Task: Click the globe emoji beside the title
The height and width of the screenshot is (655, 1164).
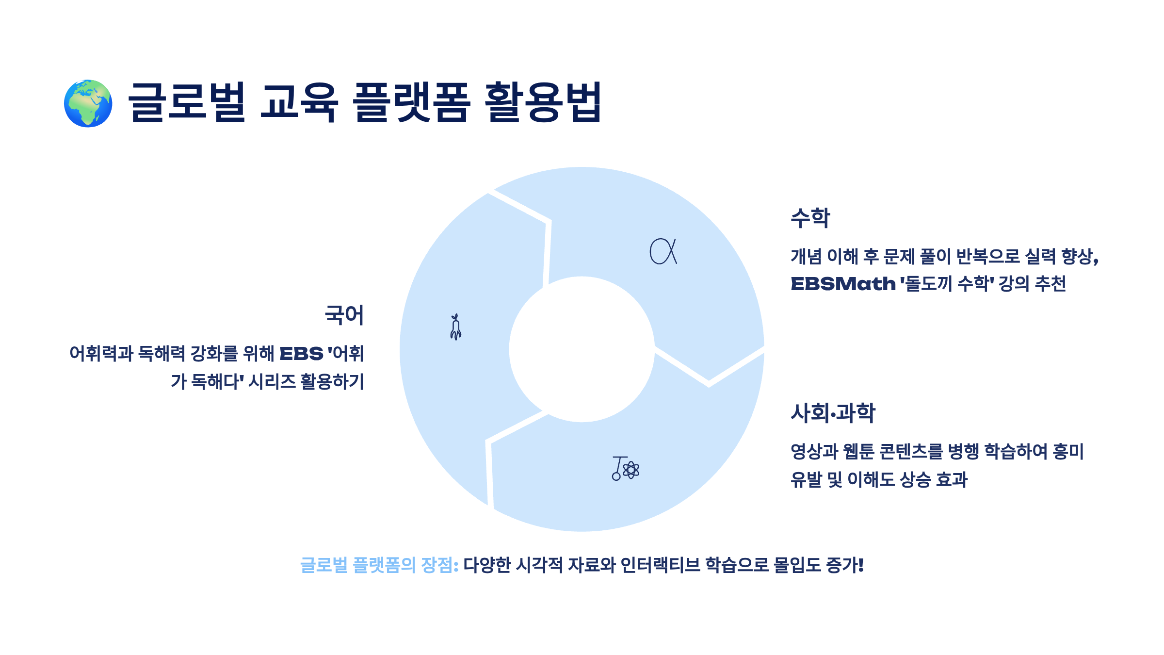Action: (x=88, y=103)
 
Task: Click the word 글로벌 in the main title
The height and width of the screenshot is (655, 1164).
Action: (x=187, y=102)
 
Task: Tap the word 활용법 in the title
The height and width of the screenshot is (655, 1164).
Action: (x=543, y=102)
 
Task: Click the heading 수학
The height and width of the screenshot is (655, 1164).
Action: (x=810, y=218)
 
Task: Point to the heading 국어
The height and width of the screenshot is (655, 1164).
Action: (x=344, y=315)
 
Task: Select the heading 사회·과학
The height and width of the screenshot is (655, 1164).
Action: (x=833, y=413)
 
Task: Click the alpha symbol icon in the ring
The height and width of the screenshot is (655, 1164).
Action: (x=663, y=251)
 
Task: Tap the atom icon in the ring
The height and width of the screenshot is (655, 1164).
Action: (x=631, y=470)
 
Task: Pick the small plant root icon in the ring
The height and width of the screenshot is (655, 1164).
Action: (x=455, y=327)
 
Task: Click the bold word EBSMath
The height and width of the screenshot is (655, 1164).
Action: (x=843, y=284)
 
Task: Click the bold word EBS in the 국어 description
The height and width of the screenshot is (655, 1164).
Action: (x=301, y=354)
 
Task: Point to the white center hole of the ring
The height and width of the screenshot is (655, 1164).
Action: (x=582, y=349)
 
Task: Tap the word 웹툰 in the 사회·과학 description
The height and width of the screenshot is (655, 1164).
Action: (x=858, y=452)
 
